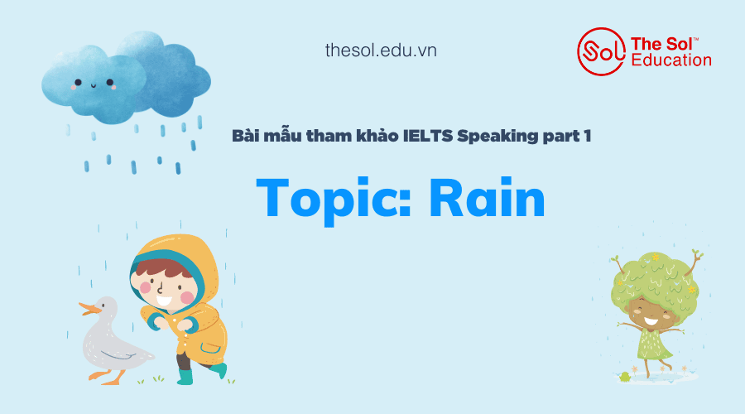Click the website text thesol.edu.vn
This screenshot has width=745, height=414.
381,51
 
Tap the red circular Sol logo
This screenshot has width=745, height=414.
601,51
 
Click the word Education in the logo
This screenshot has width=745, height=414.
671,60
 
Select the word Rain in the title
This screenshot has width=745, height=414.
487,198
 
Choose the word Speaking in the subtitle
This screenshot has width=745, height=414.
497,137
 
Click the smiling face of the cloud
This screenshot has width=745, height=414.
94,84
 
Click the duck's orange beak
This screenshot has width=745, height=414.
89,309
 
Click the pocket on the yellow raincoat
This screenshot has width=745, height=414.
209,348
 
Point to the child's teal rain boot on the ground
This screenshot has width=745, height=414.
185,376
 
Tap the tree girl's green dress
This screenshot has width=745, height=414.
655,344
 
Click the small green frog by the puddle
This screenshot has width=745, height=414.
624,377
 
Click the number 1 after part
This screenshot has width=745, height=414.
588,137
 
